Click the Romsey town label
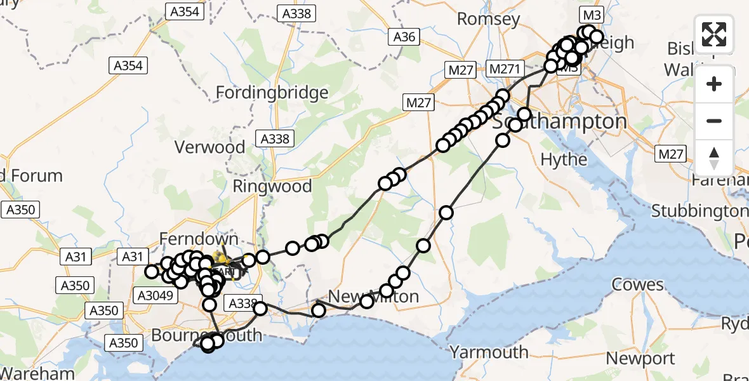488,20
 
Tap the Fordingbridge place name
272,93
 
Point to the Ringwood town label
272,186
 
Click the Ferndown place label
190,239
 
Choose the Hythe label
564,159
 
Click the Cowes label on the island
638,284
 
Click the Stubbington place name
700,210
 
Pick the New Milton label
374,297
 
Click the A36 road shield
404,37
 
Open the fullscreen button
714,34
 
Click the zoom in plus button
714,84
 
